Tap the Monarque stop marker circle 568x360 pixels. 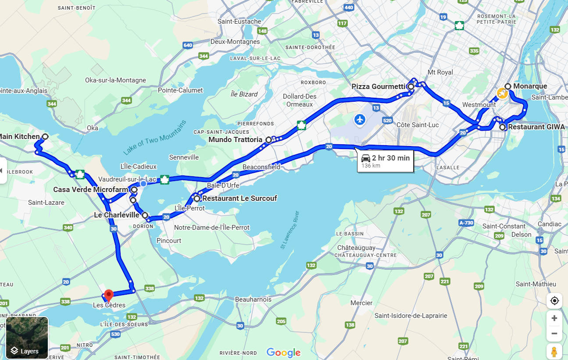pyautogui.click(x=507, y=86)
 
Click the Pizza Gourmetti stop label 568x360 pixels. pyautogui.click(x=379, y=87)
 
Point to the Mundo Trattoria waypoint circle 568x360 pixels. pyautogui.click(x=268, y=140)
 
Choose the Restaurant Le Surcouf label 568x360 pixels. pyautogui.click(x=239, y=199)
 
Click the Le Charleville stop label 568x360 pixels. pyautogui.click(x=117, y=215)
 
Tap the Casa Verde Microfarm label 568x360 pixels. pyautogui.click(x=90, y=190)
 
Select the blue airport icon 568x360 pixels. pyautogui.click(x=360, y=119)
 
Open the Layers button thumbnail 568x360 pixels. pyautogui.click(x=27, y=338)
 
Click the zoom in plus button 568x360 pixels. pyautogui.click(x=554, y=318)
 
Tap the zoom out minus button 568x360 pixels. pyautogui.click(x=554, y=334)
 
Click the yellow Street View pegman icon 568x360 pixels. pyautogui.click(x=554, y=352)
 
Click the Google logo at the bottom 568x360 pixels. pyautogui.click(x=283, y=353)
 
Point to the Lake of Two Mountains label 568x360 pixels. pyautogui.click(x=155, y=138)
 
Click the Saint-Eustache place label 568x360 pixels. pyautogui.click(x=239, y=21)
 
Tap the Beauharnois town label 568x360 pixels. pyautogui.click(x=253, y=299)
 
